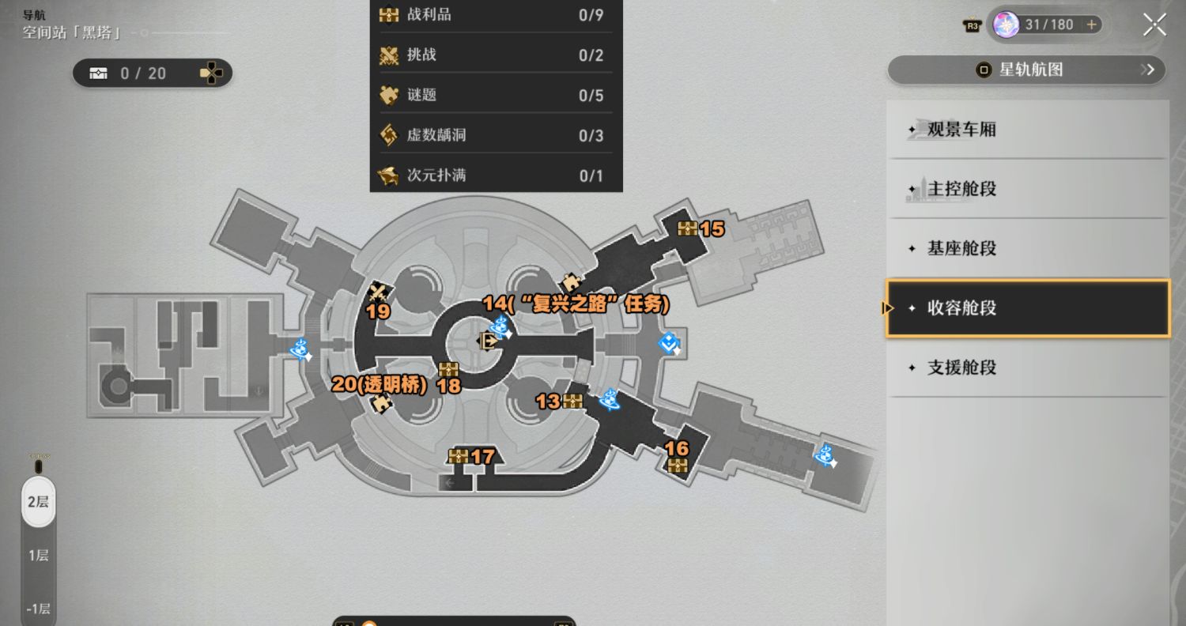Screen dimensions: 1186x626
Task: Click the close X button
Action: click(1154, 25)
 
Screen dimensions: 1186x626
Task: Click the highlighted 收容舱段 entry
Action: click(1028, 308)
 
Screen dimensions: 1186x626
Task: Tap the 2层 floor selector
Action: click(38, 502)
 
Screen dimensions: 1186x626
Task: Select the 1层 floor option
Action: click(38, 555)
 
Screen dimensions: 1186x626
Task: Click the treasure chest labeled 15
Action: click(687, 228)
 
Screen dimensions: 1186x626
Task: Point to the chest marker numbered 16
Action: click(677, 466)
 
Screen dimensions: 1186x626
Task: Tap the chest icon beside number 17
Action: click(458, 455)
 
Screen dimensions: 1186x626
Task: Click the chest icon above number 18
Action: click(448, 369)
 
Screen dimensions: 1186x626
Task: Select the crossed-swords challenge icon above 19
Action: click(378, 292)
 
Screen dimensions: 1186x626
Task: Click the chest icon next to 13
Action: click(572, 401)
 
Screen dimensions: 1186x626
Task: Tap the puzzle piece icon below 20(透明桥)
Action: click(380, 405)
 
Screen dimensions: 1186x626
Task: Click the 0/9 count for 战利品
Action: click(591, 15)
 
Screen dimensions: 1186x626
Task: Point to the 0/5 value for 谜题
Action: click(591, 96)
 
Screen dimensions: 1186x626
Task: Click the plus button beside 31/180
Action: click(1091, 25)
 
